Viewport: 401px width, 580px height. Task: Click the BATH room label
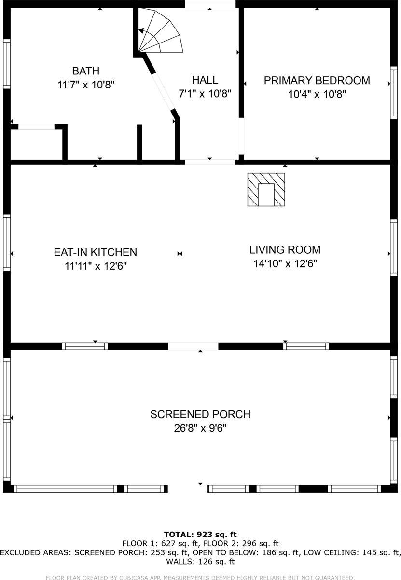pos(85,71)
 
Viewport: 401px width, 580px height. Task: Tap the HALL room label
pos(205,80)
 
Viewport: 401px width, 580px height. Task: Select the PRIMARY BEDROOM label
pos(317,80)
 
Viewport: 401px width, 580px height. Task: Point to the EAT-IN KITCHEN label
pos(96,252)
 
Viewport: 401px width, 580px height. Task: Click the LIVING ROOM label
pos(285,249)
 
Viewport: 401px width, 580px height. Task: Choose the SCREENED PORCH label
pos(200,414)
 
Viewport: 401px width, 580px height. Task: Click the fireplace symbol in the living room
pos(266,189)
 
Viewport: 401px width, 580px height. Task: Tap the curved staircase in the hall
pos(160,30)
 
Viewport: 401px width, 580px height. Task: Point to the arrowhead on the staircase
pos(141,31)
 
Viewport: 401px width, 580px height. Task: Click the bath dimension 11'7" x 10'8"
pos(85,85)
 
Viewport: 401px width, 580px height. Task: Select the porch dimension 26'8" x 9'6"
pos(200,428)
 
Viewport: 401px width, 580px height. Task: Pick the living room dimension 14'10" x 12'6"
pos(285,263)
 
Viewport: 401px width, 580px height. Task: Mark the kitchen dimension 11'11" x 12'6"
pos(96,266)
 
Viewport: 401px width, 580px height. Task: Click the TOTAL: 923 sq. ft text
pos(200,534)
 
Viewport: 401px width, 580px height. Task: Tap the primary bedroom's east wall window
pos(393,93)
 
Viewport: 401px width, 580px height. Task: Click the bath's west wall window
pos(7,64)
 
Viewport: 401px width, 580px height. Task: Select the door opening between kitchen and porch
pos(193,346)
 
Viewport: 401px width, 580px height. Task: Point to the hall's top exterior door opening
pos(210,4)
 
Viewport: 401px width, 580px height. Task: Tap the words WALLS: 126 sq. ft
pos(200,561)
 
